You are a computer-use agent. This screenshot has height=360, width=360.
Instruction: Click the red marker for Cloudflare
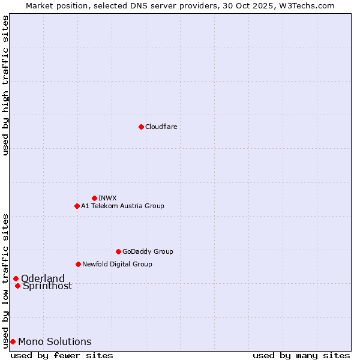click(141, 127)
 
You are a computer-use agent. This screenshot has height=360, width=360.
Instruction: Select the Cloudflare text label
click(161, 127)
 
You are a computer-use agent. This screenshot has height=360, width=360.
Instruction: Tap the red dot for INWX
click(94, 198)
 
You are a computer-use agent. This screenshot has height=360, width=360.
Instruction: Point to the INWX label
click(107, 198)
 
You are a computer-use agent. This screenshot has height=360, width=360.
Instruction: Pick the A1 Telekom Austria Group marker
click(77, 206)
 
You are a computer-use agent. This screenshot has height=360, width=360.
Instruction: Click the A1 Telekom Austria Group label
click(122, 206)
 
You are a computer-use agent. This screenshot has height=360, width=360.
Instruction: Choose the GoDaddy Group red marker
click(118, 251)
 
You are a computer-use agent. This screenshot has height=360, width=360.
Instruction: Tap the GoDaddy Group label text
click(148, 251)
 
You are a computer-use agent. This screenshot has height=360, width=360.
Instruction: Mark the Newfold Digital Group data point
click(78, 264)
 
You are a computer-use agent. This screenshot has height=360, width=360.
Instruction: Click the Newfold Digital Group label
click(117, 264)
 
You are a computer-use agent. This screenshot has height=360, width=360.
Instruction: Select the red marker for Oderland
click(16, 278)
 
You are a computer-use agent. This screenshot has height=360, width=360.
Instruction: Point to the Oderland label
click(43, 278)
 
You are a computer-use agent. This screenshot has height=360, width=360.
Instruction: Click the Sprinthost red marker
click(17, 286)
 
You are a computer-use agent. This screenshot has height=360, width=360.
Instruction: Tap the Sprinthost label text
click(47, 286)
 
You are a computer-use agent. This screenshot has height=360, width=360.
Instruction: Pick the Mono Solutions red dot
click(13, 341)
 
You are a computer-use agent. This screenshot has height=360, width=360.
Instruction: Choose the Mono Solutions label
click(55, 341)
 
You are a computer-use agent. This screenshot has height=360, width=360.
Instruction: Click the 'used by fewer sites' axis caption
click(62, 355)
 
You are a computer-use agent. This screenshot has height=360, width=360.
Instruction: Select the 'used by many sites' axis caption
click(301, 355)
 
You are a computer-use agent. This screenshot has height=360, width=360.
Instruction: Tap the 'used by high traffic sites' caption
click(6, 86)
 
